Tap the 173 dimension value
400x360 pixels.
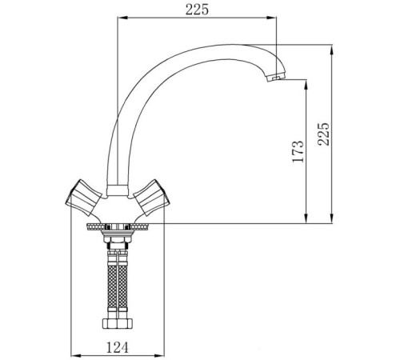coord(297,151)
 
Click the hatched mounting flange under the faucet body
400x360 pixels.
coord(118,226)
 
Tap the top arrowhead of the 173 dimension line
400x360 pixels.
coord(306,83)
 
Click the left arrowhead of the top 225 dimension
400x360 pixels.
coord(122,19)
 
